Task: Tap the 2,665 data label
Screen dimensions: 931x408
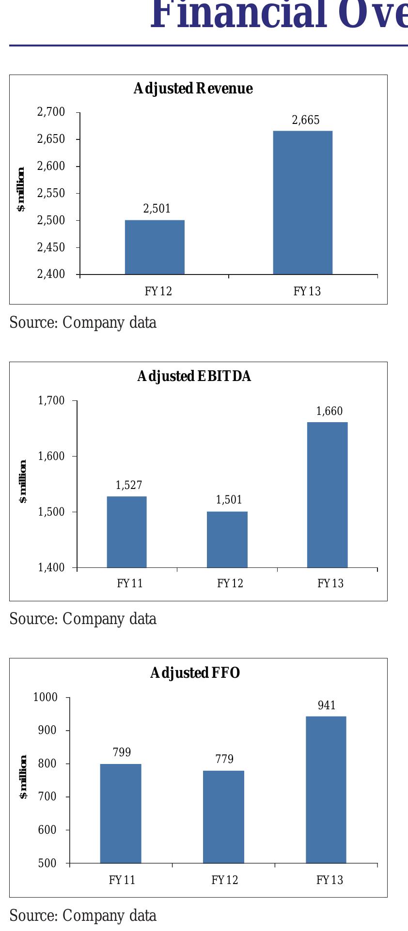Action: pos(306,120)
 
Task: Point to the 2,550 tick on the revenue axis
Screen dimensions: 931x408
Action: pos(51,193)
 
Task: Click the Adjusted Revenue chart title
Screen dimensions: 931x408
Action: pos(193,89)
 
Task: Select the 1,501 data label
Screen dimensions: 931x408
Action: pos(229,500)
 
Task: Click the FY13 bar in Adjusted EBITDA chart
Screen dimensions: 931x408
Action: pos(327,494)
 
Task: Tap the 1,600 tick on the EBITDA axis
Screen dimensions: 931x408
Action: pos(51,456)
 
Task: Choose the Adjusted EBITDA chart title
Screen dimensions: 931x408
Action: pos(194,376)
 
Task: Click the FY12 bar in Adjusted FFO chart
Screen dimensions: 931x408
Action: pos(223,817)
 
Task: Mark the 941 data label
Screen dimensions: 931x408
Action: pos(327,705)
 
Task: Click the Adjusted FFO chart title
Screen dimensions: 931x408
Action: pos(195,673)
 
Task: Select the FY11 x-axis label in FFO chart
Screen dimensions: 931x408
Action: pos(122,880)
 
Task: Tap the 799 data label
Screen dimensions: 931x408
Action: pos(122,752)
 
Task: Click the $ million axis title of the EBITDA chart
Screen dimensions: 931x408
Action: pos(23,481)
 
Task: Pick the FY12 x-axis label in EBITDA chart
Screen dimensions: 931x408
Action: pos(230,583)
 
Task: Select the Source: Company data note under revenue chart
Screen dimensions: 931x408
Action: pos(83,323)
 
